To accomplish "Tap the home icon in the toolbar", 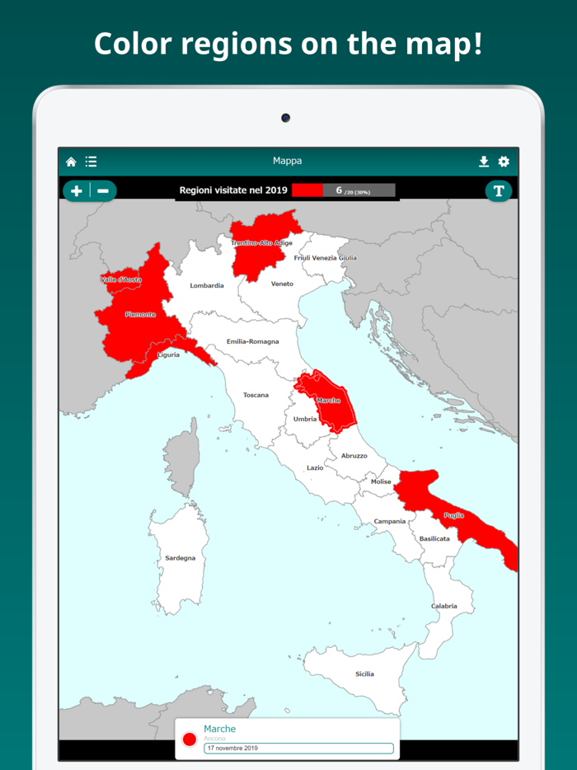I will coord(72,162).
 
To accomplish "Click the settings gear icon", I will coord(504,162).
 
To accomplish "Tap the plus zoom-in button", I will coord(77,190).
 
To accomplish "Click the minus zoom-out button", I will coord(103,190).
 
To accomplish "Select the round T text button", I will coord(498,190).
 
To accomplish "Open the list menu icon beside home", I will coord(91,162).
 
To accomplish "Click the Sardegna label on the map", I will coord(181,558).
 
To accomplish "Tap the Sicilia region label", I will coord(364,674).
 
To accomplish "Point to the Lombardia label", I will coord(207,286).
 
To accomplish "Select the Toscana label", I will coord(256,395).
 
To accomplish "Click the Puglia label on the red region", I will coord(453,515).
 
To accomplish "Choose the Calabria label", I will coord(443,606).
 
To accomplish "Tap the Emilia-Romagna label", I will coord(252,341).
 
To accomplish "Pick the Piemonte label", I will coord(140,314).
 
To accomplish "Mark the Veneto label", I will coord(282,284).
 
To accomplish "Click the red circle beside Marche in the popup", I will coord(190,739).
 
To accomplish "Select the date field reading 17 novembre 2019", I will coord(298,749).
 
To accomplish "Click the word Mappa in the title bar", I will coord(287,161).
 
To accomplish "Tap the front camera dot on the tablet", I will coord(285,118).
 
